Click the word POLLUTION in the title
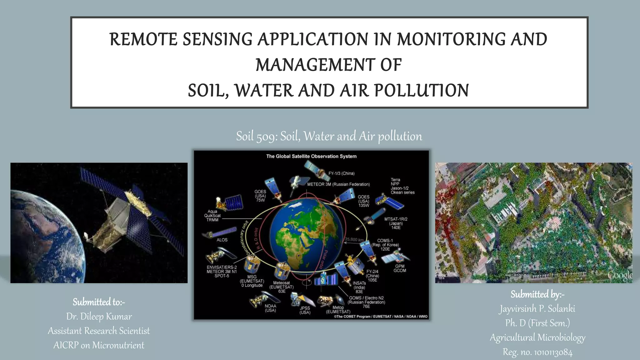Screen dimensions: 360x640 tap(421, 91)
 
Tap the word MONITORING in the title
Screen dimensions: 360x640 tap(451, 40)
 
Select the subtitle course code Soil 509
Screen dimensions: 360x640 tap(256, 136)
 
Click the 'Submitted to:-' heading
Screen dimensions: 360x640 tap(99, 302)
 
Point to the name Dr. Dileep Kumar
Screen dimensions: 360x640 tap(99, 317)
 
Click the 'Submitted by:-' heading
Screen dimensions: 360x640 tap(537, 294)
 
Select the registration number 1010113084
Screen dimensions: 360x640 tap(553, 352)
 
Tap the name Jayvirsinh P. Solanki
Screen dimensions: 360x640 tap(537, 309)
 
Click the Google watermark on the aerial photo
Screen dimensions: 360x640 tap(619, 276)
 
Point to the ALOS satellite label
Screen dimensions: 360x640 tap(222, 240)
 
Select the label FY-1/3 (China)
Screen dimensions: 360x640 tap(341, 173)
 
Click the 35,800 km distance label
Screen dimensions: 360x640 tap(354, 239)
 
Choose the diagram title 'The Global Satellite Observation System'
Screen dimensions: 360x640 tap(311, 156)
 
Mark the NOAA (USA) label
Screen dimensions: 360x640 tap(270, 308)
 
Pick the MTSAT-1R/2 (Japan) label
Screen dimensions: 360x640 tap(396, 223)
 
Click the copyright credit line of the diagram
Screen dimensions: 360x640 tap(381, 317)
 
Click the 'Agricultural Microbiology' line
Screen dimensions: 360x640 tap(537, 337)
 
